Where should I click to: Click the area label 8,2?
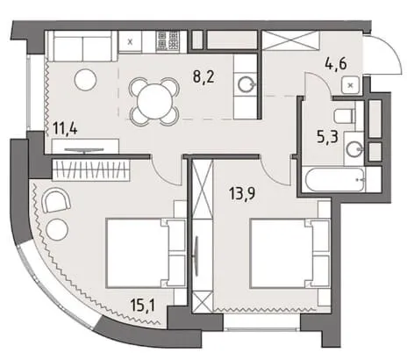point(203,77)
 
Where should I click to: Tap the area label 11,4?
point(65,128)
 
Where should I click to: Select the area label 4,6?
point(336,63)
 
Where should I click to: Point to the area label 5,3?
point(327,137)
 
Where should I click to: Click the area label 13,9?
point(243,193)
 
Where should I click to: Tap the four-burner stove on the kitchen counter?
point(168,40)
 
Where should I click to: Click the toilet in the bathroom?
point(345,115)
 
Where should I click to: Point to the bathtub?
point(334,179)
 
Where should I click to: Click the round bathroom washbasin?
point(354,149)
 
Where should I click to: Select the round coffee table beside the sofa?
point(85,80)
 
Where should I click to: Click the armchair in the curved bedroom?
point(56,200)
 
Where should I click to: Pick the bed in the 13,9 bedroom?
point(290,254)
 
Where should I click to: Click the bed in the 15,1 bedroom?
point(146,252)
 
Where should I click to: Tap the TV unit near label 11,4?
point(85,146)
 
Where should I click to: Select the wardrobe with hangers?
point(91,169)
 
